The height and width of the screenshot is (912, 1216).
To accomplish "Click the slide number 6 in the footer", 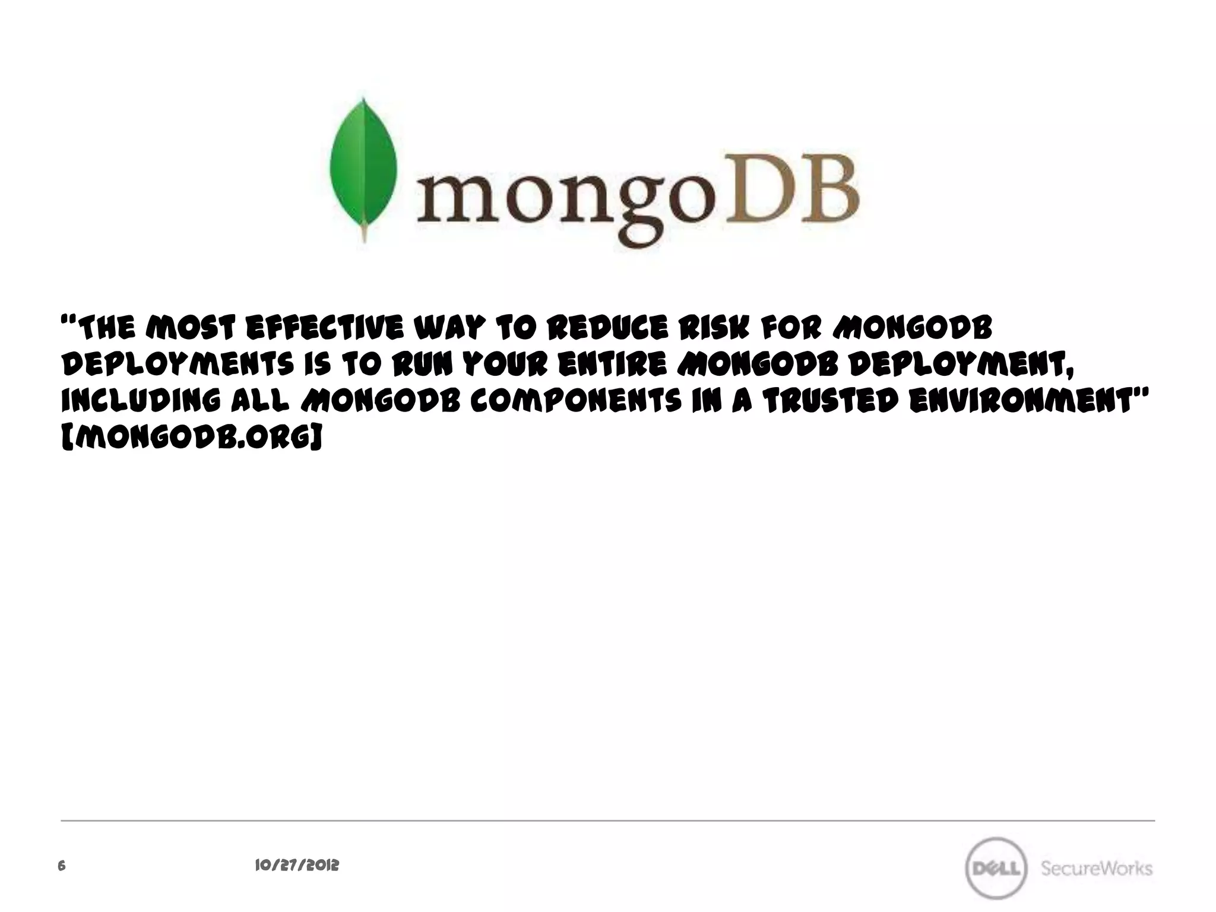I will tap(61, 866).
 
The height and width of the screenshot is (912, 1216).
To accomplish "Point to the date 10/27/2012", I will tap(296, 866).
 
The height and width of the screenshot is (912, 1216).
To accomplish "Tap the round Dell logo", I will tap(996, 869).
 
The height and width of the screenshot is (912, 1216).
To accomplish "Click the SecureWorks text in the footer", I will tap(1096, 869).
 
